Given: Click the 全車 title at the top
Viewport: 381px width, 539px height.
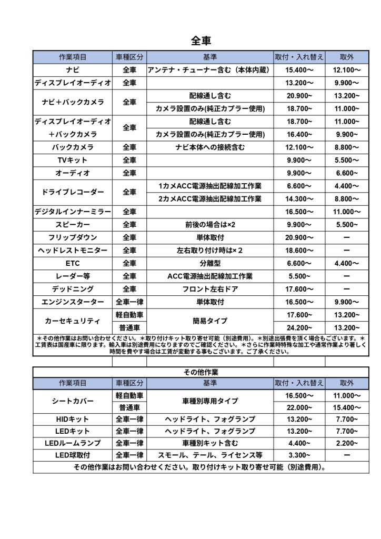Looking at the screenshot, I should [x=201, y=41].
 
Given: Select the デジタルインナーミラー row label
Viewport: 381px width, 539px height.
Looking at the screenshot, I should [x=73, y=212].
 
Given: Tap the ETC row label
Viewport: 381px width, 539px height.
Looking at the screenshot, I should [x=73, y=263].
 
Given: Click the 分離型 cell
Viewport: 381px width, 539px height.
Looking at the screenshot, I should [x=210, y=263].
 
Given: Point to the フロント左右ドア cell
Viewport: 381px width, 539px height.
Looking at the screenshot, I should [x=210, y=289].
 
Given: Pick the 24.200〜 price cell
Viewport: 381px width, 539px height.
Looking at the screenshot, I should [x=299, y=327].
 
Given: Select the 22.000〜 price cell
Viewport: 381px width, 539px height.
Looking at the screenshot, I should [x=299, y=408].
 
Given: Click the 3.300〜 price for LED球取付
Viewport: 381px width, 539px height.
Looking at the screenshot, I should [x=299, y=455].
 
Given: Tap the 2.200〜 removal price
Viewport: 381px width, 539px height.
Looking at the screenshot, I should [x=347, y=443].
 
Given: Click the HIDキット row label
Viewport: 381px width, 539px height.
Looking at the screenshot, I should [x=73, y=419].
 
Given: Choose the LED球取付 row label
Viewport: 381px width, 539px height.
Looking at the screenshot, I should [x=73, y=455].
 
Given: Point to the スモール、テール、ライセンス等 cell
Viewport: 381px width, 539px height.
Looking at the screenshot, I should [x=210, y=455].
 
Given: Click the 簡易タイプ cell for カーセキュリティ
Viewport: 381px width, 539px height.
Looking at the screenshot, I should [x=210, y=321].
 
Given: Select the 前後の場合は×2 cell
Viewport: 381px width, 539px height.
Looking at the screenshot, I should [x=210, y=225].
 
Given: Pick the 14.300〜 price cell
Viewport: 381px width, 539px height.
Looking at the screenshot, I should [x=299, y=199].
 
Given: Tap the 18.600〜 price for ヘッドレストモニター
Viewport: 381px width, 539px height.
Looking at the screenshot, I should [x=299, y=251].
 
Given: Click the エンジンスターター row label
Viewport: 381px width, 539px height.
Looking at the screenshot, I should [x=73, y=302].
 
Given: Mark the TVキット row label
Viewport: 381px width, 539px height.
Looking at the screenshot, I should [x=73, y=160].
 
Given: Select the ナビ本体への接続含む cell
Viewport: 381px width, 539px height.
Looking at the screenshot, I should [x=210, y=147].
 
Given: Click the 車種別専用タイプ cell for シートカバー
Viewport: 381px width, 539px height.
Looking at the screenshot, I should [x=210, y=401].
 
